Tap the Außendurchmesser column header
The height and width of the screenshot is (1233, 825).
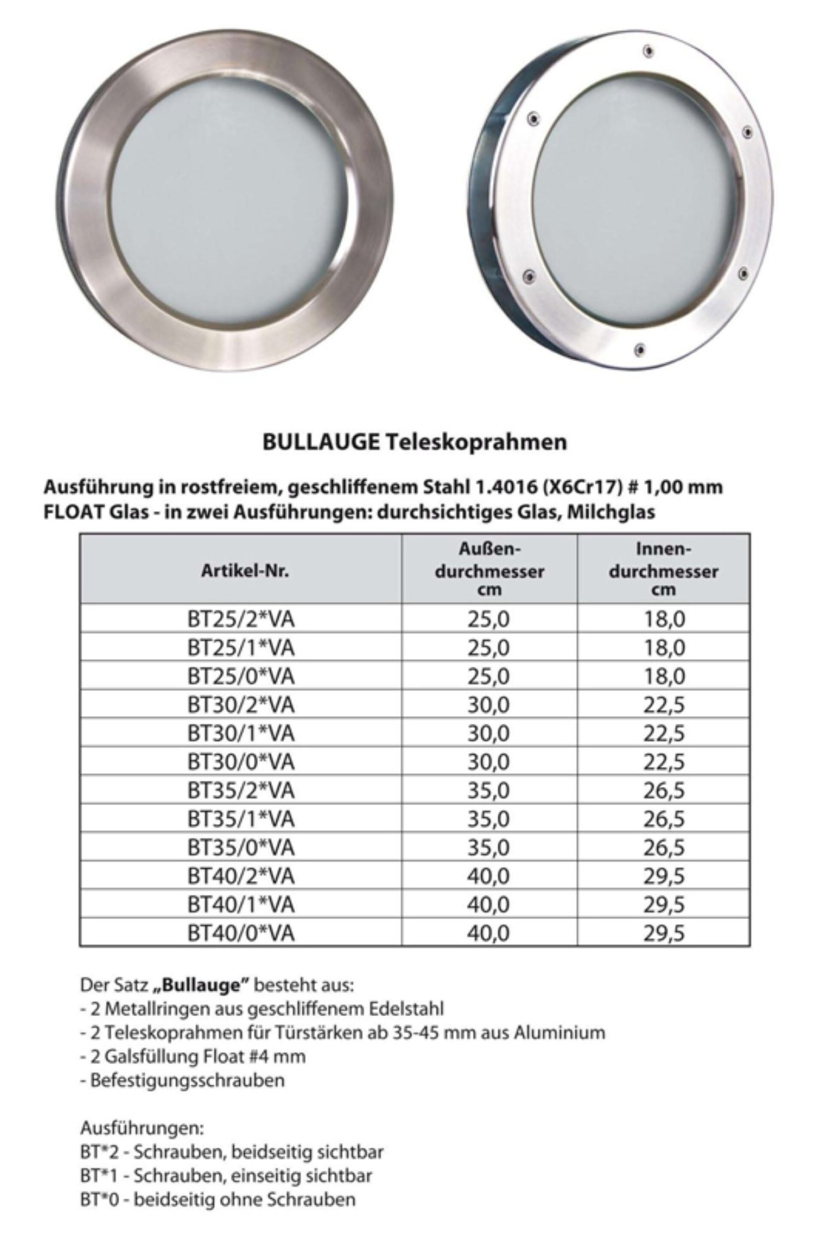coord(489,570)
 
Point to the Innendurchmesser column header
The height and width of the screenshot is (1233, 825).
coord(663,570)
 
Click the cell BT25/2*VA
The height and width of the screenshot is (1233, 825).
coord(241,619)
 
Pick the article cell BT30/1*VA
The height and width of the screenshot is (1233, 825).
coord(241,733)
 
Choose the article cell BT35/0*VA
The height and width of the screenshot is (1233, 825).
coord(241,848)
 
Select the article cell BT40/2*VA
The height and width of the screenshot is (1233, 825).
coord(241,876)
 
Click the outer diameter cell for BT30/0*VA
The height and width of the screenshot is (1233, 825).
coord(489,762)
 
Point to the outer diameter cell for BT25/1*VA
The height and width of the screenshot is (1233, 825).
coord(489,647)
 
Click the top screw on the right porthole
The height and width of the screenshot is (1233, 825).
coord(649,51)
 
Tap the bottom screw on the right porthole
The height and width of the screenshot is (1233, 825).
coord(639,349)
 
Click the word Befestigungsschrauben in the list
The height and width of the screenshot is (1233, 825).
coord(187,1080)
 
